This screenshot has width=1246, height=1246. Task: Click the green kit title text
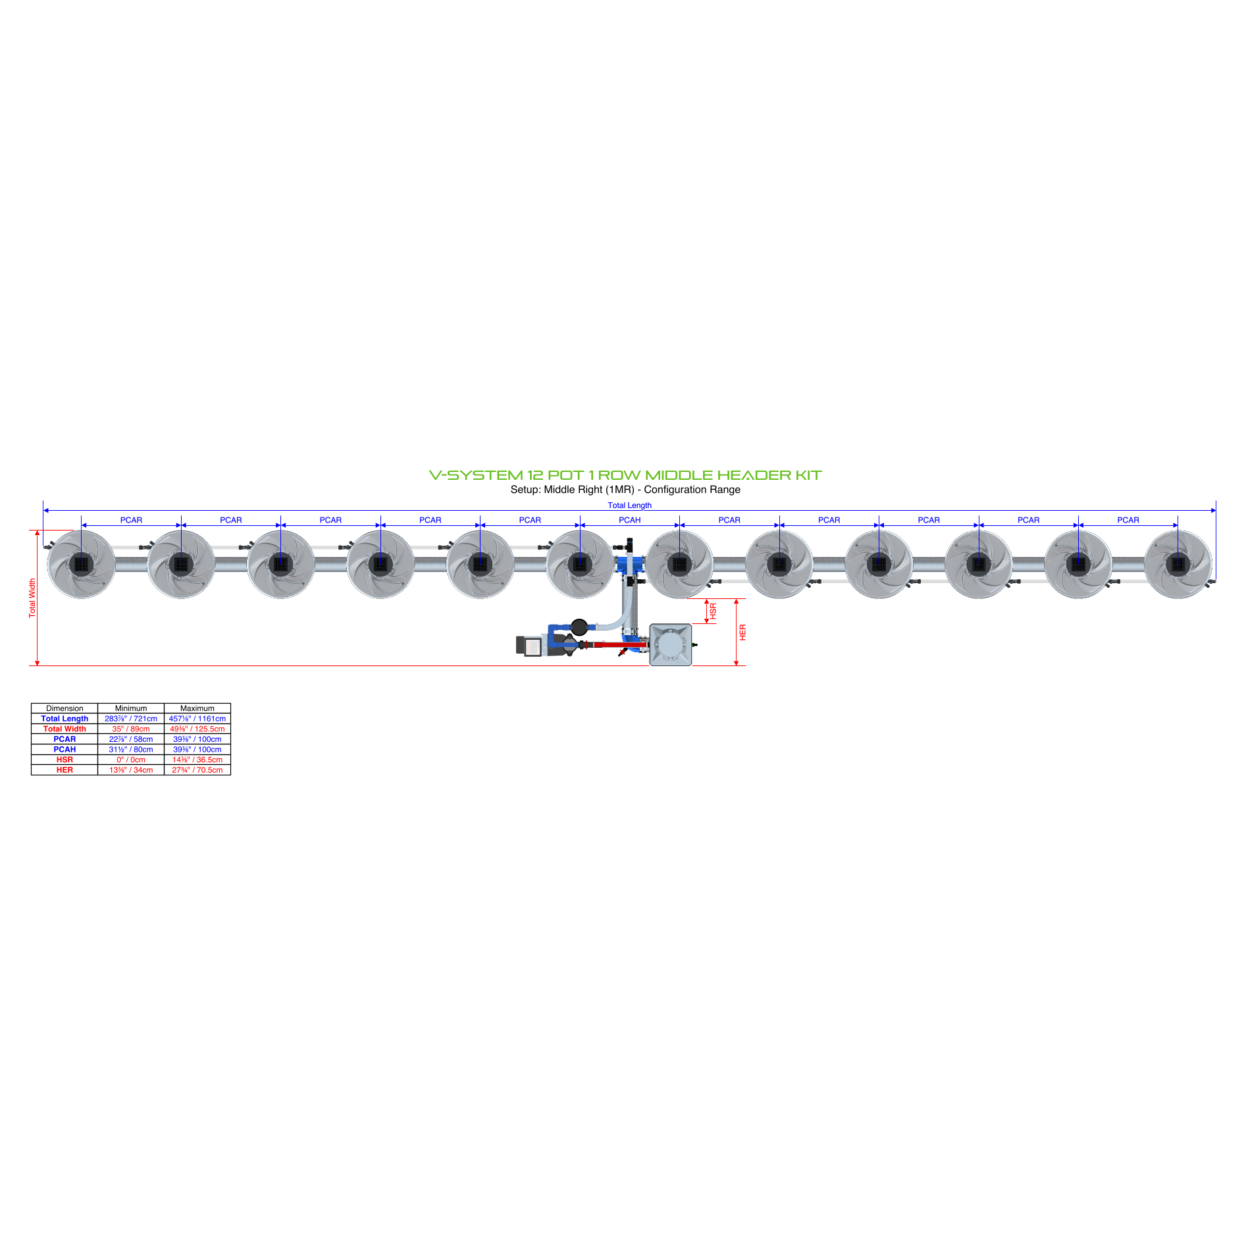pos(625,475)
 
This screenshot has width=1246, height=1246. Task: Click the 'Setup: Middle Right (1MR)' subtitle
pos(573,490)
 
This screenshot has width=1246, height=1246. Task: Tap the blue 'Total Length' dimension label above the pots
pos(629,506)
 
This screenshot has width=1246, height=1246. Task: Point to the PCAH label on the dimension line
pos(629,520)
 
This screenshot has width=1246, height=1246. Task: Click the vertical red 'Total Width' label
pos(32,598)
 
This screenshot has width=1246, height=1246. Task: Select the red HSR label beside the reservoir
pos(713,611)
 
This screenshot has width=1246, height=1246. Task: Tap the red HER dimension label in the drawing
pos(742,633)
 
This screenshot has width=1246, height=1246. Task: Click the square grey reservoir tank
pos(671,645)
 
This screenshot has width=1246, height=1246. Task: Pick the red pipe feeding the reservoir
pos(619,645)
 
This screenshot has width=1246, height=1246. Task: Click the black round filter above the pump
pos(579,627)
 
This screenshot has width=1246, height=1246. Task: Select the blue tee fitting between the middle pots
pos(630,564)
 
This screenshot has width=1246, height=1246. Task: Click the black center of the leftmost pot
pos(82,565)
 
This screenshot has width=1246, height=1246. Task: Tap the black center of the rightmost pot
pos(1178,565)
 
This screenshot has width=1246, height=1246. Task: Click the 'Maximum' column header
pos(197,708)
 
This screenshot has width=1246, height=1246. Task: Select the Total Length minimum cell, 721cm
pos(131,719)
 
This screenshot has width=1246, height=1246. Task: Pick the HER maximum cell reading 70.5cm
pos(197,770)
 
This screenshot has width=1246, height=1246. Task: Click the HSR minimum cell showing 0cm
pos(131,760)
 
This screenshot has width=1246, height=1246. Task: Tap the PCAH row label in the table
pos(65,750)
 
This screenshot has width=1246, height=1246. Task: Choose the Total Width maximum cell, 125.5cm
pos(197,729)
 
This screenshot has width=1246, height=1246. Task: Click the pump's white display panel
pos(533,648)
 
